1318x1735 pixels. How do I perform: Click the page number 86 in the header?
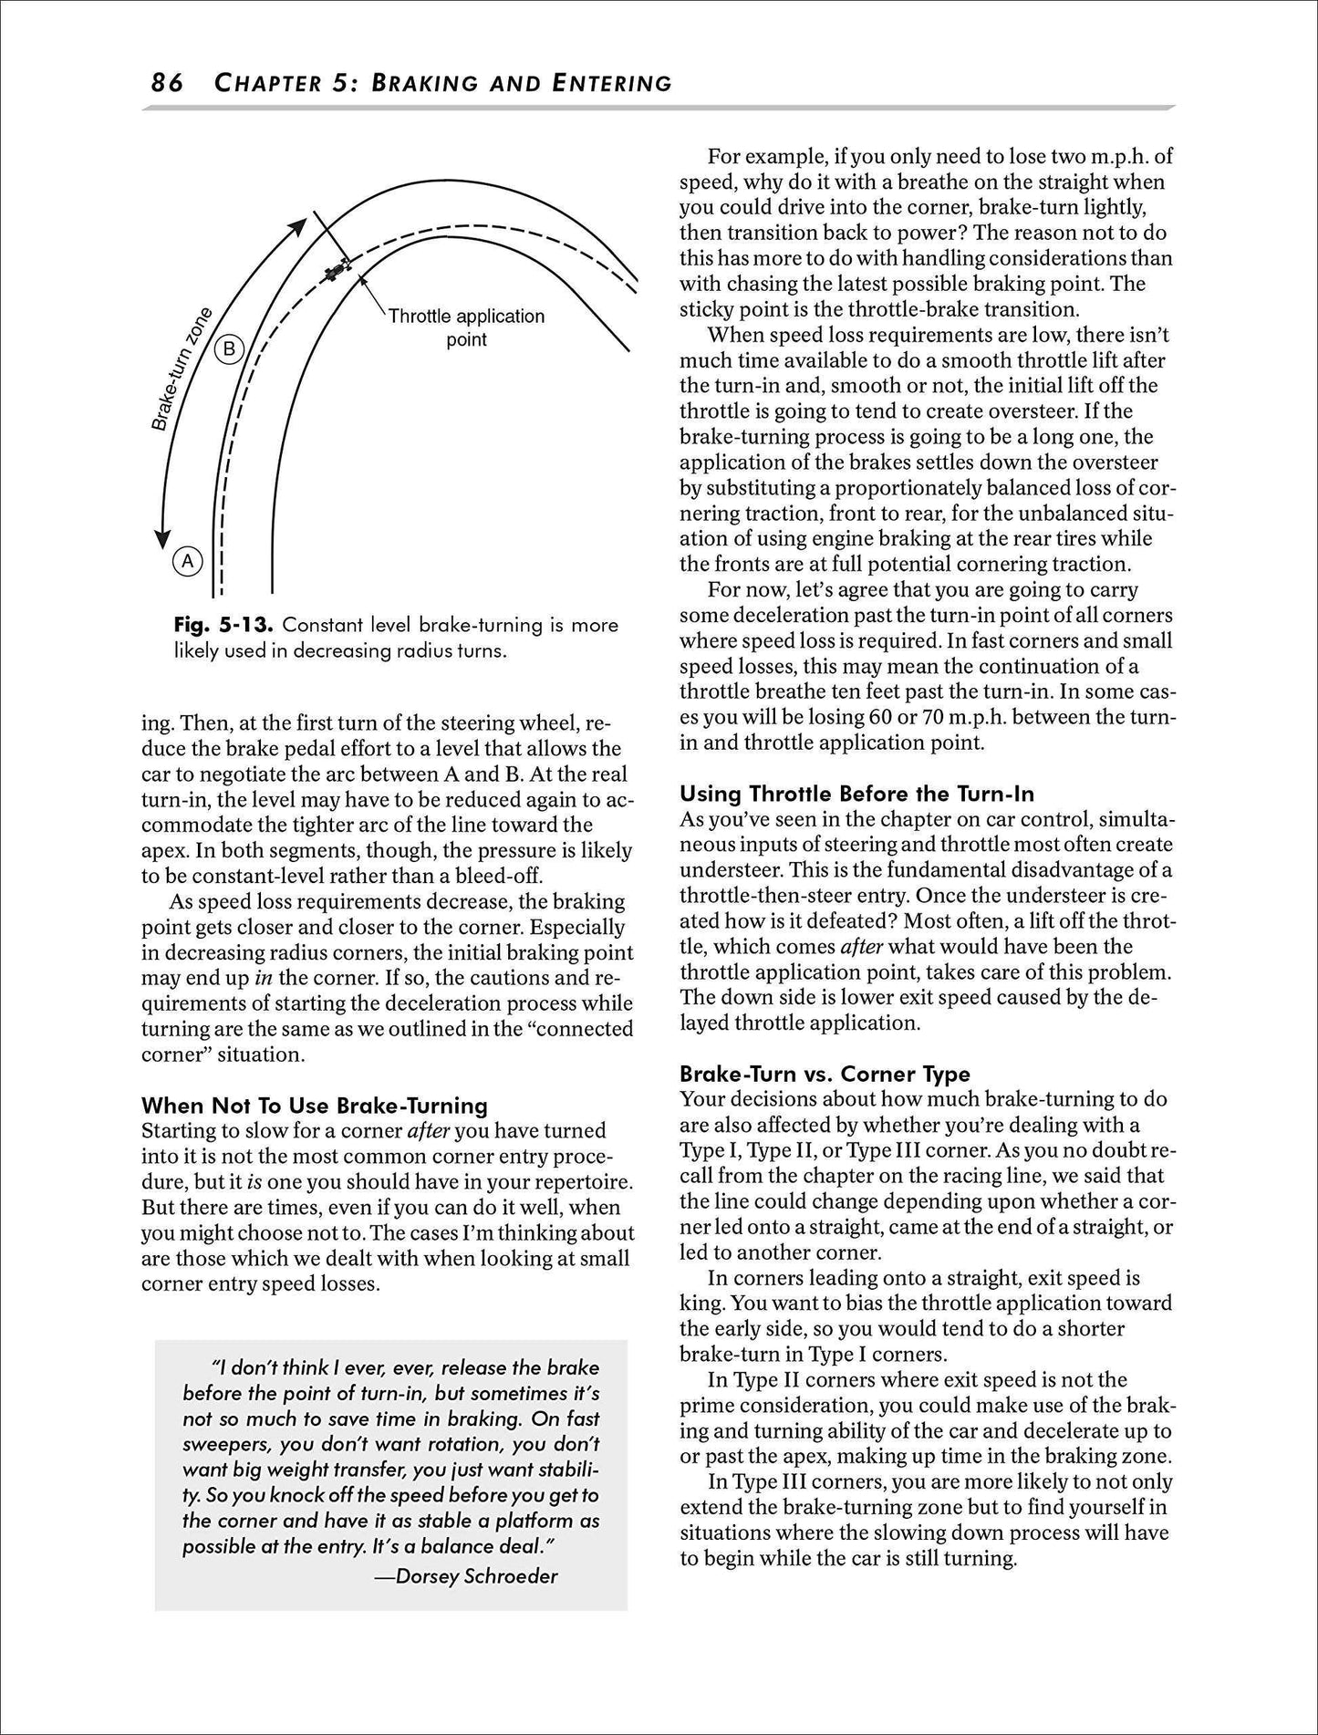167,84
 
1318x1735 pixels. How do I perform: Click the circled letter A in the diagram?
187,561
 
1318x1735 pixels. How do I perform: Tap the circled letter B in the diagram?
230,349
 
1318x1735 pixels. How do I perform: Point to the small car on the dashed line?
337,269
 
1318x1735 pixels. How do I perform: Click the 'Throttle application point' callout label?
465,327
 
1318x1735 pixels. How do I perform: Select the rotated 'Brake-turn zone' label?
182,369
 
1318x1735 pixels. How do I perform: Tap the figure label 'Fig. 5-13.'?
223,626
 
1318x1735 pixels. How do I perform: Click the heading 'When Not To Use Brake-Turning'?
315,1106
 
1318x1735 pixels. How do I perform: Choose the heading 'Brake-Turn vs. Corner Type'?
825,1074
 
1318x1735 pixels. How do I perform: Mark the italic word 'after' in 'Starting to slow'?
428,1131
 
